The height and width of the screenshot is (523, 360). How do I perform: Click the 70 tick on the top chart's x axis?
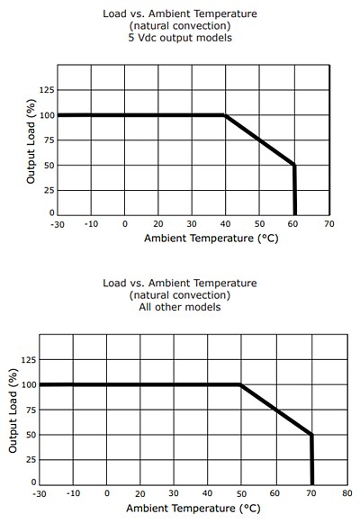328,223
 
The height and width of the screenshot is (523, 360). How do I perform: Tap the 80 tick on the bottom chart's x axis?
346,493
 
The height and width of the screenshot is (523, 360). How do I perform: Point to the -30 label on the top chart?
58,223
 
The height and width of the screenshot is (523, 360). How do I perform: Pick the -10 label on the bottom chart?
74,493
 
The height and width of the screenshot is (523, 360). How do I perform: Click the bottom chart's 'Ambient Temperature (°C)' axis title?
193,508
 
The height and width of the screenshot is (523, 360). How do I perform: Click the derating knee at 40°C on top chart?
225,115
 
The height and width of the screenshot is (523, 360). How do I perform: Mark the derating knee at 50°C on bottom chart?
241,385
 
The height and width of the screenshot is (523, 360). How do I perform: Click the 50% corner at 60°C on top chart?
294,165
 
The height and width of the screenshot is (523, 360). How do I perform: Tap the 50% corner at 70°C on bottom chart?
311,435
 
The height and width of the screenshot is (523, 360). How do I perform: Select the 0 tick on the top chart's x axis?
125,223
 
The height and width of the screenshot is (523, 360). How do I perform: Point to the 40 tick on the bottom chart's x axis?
208,493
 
